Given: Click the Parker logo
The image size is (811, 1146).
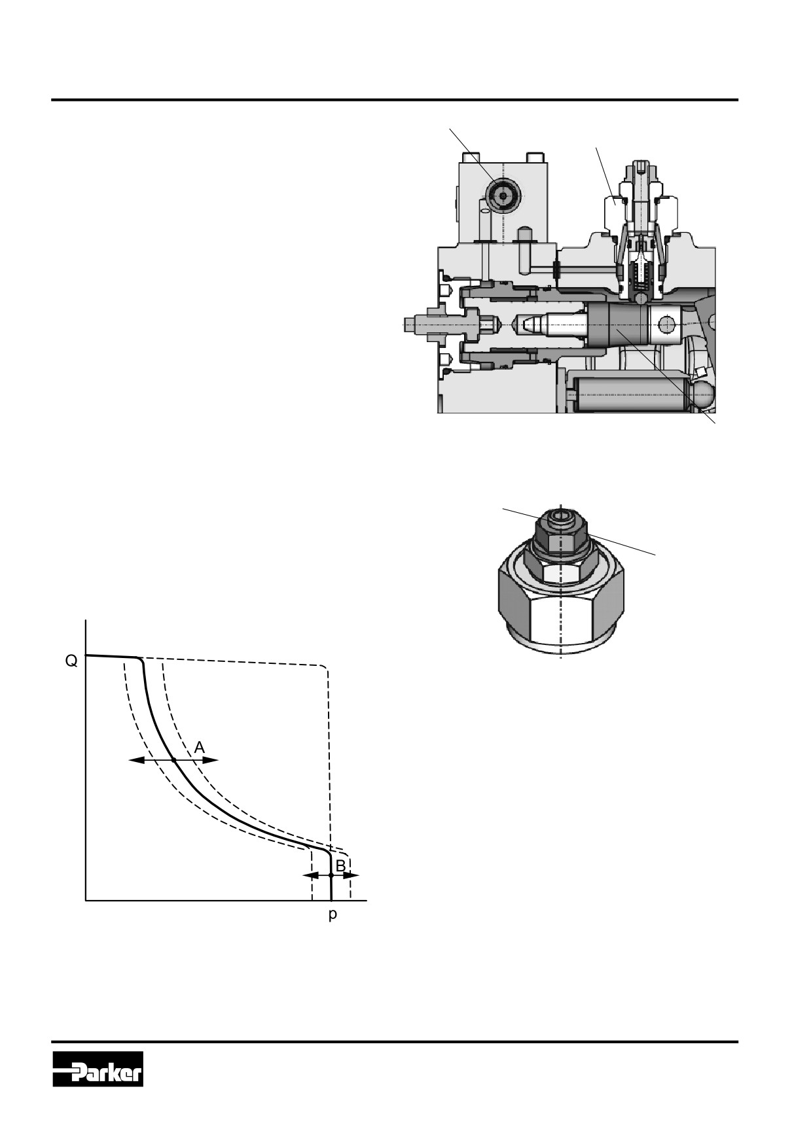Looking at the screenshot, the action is (98, 1069).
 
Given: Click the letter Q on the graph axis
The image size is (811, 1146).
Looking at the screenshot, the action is (71, 661).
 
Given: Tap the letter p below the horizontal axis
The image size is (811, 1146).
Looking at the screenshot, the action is (333, 915).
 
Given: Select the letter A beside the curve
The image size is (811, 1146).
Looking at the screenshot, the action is (200, 747).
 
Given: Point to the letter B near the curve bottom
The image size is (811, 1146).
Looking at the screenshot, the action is (340, 865).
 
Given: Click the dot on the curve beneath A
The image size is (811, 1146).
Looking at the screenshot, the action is (173, 760).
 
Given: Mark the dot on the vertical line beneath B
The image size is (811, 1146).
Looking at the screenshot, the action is (331, 875).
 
